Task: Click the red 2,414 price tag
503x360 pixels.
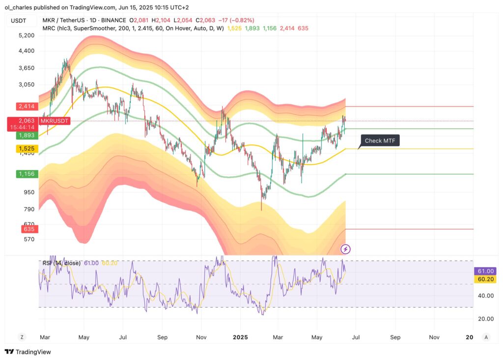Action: click(x=27, y=106)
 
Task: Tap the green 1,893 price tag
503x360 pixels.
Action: click(x=27, y=135)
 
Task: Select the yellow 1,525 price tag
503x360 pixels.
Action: click(x=27, y=148)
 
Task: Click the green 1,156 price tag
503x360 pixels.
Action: click(x=27, y=174)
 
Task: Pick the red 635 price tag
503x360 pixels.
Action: click(x=27, y=229)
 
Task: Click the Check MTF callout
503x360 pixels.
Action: click(x=380, y=141)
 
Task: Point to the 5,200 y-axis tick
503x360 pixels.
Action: click(x=27, y=36)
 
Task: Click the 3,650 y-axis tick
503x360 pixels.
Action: click(x=27, y=68)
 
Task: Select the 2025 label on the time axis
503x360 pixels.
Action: click(x=240, y=337)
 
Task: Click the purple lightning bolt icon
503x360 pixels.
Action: click(x=346, y=249)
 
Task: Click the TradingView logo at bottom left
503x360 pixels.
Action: click(x=28, y=352)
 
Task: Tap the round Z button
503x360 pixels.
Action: click(x=22, y=337)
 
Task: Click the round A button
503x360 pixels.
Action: click(x=486, y=337)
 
